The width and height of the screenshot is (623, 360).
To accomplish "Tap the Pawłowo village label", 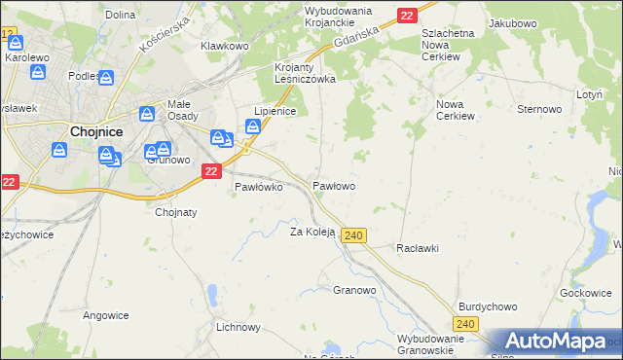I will tap(333, 185).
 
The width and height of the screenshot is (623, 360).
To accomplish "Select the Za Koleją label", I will tap(312, 232).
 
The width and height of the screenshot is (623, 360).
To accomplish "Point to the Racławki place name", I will tap(418, 248).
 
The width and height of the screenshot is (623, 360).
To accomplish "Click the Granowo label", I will tap(354, 290).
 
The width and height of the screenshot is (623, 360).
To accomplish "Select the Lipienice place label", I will tap(274, 112).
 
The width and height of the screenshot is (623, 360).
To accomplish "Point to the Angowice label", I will tap(106, 315).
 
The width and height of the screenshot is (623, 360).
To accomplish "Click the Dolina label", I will tap(120, 15).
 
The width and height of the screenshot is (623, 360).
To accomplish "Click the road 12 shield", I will tap(10, 35).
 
